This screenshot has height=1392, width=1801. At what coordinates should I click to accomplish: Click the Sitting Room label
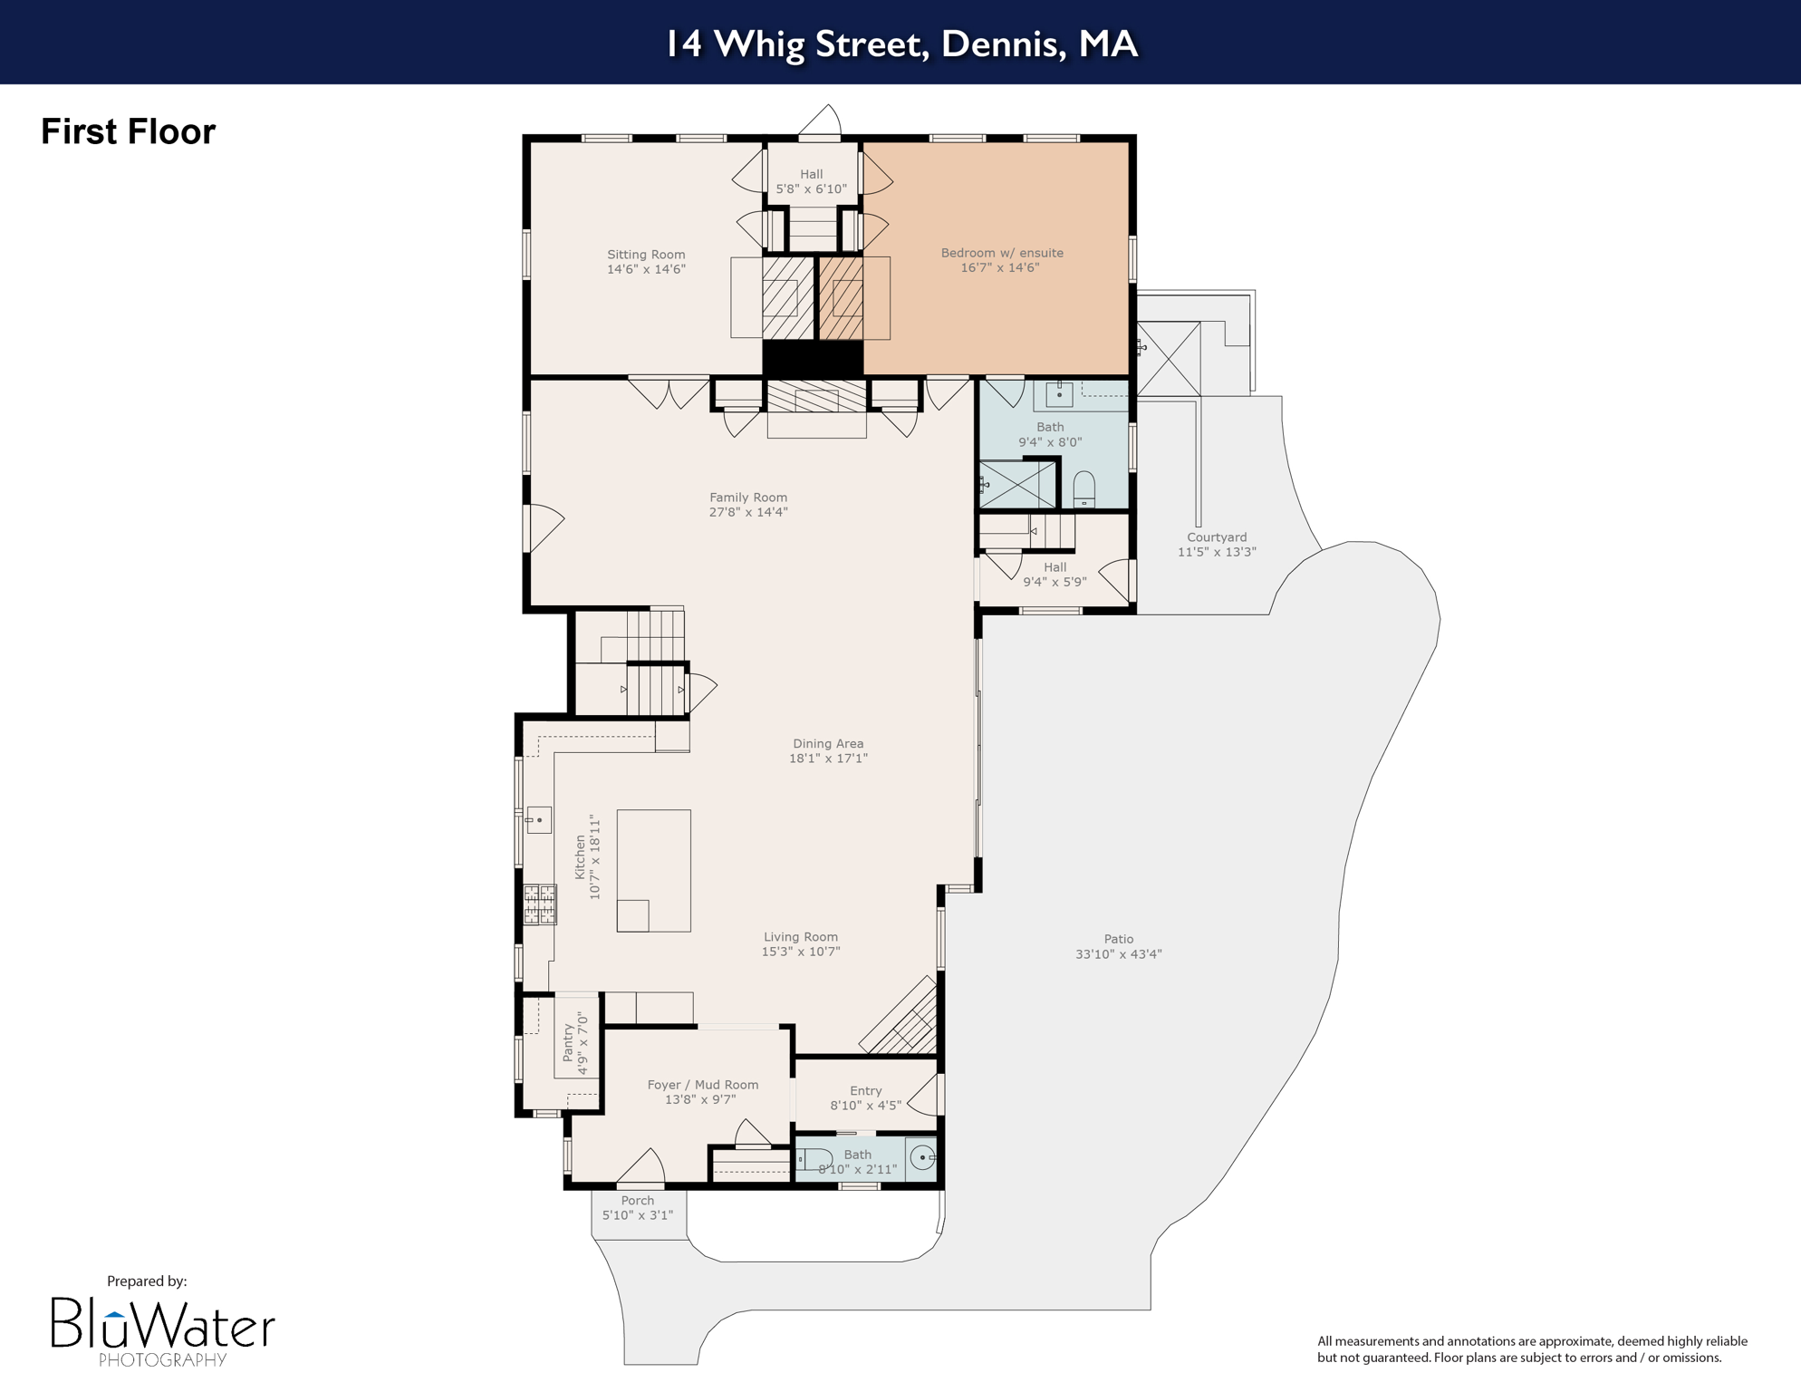pyautogui.click(x=646, y=255)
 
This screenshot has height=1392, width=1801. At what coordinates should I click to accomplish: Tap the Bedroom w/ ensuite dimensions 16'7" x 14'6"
pyautogui.click(x=999, y=268)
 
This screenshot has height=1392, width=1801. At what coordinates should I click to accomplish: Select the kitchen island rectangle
pyautogui.click(x=653, y=870)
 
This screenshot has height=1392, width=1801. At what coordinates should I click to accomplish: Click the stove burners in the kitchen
pyautogui.click(x=539, y=904)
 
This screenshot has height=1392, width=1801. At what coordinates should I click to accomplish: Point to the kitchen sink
pyautogui.click(x=538, y=819)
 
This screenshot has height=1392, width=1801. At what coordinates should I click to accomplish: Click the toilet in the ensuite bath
pyautogui.click(x=1083, y=489)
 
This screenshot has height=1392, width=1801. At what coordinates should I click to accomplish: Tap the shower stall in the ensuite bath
pyautogui.click(x=1018, y=484)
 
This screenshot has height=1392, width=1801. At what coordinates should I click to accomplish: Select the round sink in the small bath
pyautogui.click(x=922, y=1157)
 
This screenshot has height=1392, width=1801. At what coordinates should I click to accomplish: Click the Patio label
pyautogui.click(x=1118, y=939)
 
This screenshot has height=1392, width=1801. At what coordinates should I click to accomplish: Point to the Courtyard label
pyautogui.click(x=1216, y=536)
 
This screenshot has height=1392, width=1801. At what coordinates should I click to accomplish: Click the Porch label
pyautogui.click(x=637, y=1200)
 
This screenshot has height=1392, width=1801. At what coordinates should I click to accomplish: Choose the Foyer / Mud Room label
pyautogui.click(x=702, y=1085)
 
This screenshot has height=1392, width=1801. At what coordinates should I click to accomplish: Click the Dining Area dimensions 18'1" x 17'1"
pyautogui.click(x=828, y=759)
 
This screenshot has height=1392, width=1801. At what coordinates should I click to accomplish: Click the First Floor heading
pyautogui.click(x=128, y=131)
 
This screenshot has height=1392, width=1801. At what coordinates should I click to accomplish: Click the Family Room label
pyautogui.click(x=747, y=498)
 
